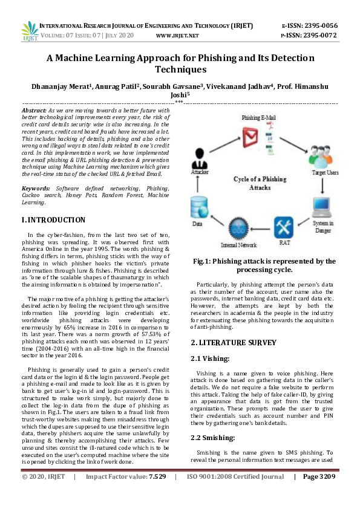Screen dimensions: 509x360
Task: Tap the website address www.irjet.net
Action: point(177,36)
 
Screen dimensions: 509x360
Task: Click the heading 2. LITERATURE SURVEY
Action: point(234,342)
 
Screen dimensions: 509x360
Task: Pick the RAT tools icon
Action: point(283,229)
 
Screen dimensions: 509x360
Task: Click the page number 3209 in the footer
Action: point(327,493)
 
